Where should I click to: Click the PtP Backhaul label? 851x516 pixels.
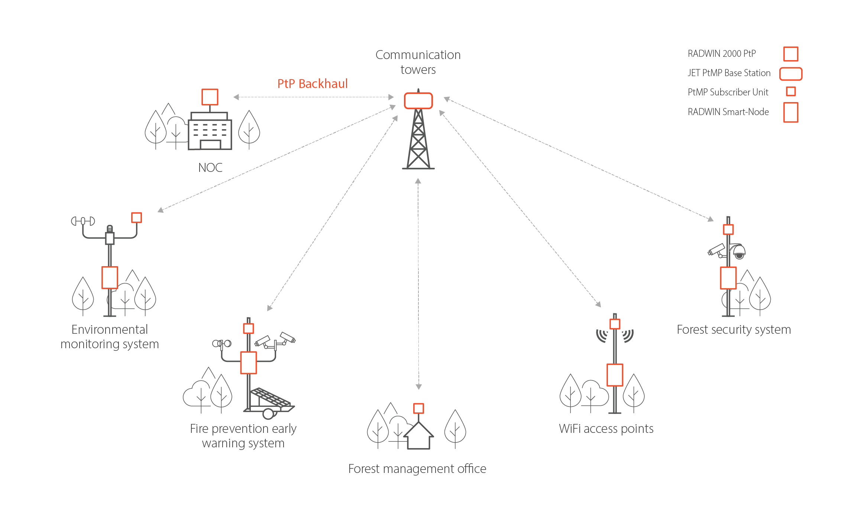(x=313, y=84)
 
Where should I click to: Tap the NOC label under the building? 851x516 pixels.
(x=210, y=168)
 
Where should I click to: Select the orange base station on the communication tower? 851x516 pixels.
(x=418, y=101)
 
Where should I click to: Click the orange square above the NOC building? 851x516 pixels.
(x=210, y=97)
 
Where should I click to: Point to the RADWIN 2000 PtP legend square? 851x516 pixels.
(x=791, y=54)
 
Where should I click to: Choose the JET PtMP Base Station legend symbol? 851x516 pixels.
(x=791, y=74)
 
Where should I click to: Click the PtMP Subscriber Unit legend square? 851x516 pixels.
(x=791, y=91)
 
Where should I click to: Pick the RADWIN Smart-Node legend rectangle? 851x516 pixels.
(x=791, y=112)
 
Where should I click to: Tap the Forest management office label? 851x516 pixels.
(x=417, y=469)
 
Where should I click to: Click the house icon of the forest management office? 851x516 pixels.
(x=419, y=436)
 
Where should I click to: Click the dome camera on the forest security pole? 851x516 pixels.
(x=739, y=252)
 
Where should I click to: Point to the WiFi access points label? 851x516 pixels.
(x=606, y=429)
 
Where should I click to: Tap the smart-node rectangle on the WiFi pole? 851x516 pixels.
(x=615, y=375)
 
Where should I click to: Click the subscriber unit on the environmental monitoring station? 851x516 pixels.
(x=137, y=218)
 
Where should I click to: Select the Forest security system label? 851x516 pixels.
(x=734, y=330)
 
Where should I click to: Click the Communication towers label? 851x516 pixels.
(x=418, y=62)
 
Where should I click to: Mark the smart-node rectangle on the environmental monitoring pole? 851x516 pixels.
(x=110, y=277)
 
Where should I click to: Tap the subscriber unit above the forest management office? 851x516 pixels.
(x=419, y=408)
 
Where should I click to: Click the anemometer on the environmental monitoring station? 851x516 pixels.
(x=83, y=221)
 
